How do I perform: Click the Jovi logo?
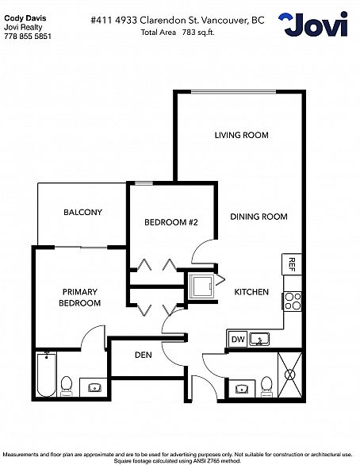[313, 25]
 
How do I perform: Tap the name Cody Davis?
[25, 18]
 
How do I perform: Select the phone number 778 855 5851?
[28, 37]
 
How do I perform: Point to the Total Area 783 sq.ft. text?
[178, 33]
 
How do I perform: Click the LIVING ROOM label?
[242, 135]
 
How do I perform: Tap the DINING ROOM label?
[259, 217]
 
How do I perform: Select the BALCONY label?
[82, 212]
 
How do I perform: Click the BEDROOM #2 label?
[171, 222]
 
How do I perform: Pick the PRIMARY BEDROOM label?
[80, 298]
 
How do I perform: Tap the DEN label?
[144, 355]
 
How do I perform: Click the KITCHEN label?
[251, 292]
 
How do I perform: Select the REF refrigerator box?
[292, 264]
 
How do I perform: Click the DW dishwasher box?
[238, 339]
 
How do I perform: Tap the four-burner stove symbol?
[293, 302]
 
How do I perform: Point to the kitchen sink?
[259, 340]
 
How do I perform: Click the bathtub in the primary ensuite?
[46, 375]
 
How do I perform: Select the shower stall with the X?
[290, 375]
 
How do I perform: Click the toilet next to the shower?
[267, 386]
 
